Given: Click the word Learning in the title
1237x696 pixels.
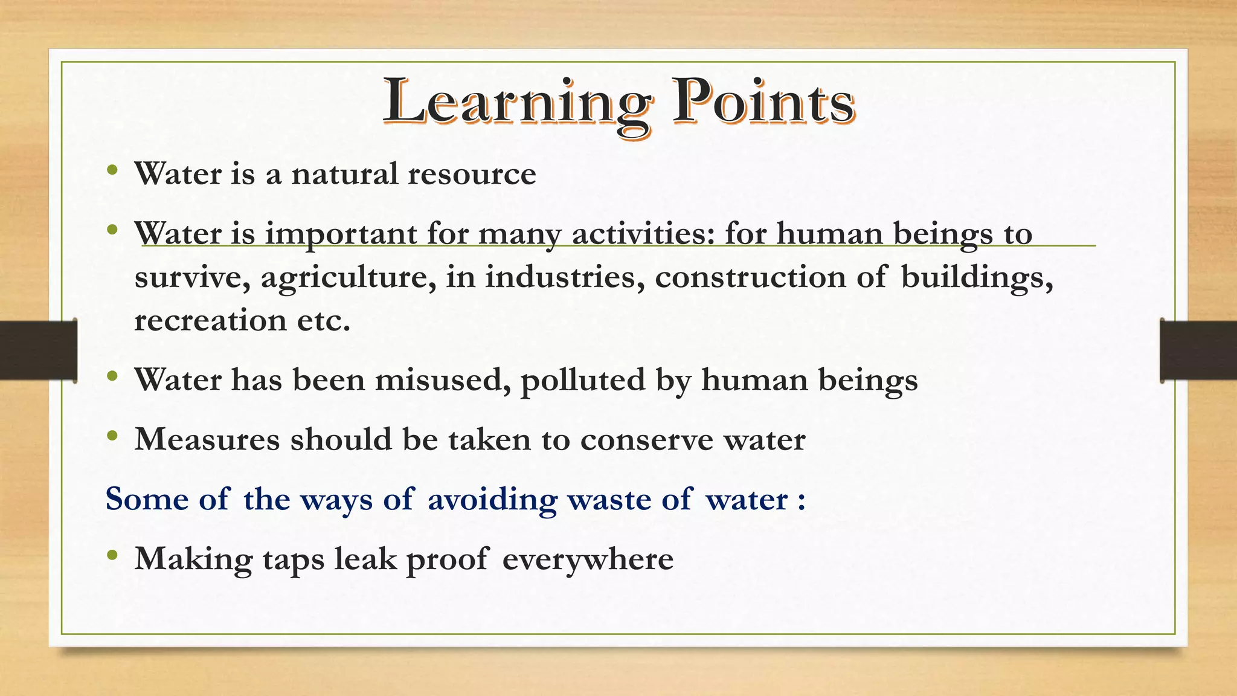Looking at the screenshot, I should point(517,103).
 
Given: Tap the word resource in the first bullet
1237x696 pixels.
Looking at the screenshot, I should point(472,174).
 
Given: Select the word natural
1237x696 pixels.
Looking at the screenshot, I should point(344,174).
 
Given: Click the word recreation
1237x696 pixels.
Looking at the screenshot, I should point(210,320).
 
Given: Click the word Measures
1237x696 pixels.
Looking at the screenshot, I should point(207,439).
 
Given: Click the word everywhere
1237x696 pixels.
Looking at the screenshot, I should point(588,559).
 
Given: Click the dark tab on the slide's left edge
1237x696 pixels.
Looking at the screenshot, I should point(38,350).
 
